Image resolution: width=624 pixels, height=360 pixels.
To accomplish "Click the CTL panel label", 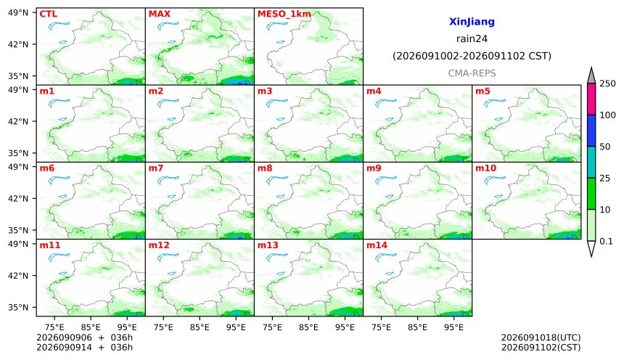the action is pos(48,14).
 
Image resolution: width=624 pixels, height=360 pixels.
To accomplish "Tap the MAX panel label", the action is pos(159,14).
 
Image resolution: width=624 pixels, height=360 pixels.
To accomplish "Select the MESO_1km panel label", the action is pos(284,15).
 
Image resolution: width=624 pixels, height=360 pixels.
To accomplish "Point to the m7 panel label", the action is pos(156,168).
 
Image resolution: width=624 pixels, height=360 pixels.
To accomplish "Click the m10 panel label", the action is pos(486,168).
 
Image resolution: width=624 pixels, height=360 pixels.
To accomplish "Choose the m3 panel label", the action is pos(265,91).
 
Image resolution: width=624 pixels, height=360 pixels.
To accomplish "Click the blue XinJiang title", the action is pos(472,22).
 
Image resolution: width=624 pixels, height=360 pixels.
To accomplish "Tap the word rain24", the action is pos(472,39).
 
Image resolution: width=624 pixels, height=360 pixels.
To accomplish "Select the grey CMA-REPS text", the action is pos(472,73).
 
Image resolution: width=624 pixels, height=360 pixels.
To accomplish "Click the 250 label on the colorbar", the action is pos(608,83).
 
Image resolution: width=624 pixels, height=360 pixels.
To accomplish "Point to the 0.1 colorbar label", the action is pos(606,241).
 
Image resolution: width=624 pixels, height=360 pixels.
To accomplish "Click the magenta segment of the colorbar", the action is pos(591,99).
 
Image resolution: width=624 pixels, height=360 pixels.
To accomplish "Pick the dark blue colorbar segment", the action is pos(591,131).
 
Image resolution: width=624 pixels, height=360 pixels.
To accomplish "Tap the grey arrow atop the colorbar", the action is pos(591,75).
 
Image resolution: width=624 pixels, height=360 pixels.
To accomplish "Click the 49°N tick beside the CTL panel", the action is pos(18,13).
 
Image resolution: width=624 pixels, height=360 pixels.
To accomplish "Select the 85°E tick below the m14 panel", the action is pos(417,327).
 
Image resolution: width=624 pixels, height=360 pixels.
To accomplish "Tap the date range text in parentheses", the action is pos(472,56).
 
